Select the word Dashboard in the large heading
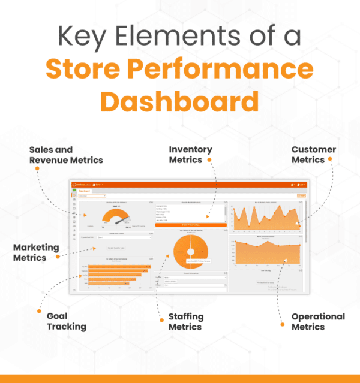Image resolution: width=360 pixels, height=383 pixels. (179, 101)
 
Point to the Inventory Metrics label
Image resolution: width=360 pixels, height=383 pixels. (190, 155)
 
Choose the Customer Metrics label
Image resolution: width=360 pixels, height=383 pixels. (313, 155)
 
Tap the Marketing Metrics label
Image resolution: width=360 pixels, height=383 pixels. (36, 252)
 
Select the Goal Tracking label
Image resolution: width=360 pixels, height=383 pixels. (66, 321)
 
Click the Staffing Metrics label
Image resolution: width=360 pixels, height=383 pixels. (186, 321)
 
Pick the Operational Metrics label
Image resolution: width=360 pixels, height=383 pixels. (318, 321)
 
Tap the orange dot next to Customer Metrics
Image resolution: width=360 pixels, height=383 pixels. (330, 160)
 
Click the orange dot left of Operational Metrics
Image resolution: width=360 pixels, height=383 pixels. (282, 324)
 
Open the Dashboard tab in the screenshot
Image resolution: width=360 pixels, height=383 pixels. (85, 191)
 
